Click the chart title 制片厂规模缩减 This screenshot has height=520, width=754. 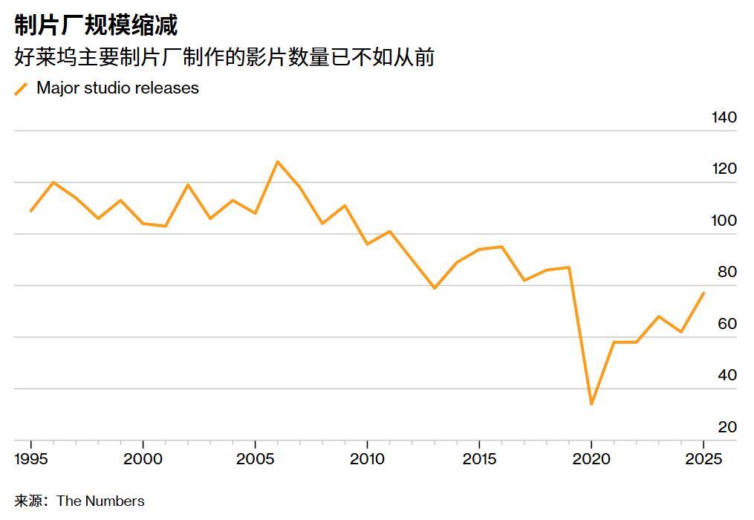point(97,25)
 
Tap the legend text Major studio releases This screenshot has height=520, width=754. point(117,88)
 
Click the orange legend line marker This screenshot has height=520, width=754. point(22,89)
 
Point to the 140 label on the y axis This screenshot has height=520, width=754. point(723,117)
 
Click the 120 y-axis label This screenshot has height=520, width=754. point(723,169)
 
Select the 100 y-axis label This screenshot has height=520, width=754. point(723,221)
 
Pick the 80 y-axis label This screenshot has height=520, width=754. point(727,272)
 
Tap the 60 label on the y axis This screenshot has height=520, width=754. point(727,324)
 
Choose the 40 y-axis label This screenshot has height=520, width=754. point(727,375)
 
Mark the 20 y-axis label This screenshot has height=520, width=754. point(727,427)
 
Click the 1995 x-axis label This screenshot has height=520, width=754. point(31,459)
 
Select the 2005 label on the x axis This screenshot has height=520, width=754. point(255,459)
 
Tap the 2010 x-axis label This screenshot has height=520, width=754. point(367,459)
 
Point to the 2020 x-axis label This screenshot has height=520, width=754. point(591,459)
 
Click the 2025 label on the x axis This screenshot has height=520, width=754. point(703,459)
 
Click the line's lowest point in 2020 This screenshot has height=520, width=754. point(591,404)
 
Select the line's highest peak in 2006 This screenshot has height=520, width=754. point(277,161)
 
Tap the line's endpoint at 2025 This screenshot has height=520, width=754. point(703,293)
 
